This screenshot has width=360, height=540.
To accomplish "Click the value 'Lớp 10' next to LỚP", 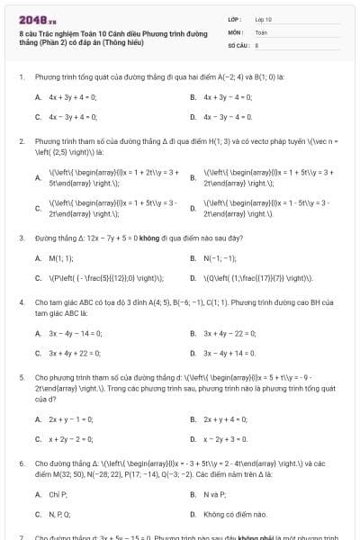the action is click(x=264, y=19).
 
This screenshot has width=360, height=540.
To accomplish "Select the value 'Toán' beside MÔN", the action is click(x=261, y=31).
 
